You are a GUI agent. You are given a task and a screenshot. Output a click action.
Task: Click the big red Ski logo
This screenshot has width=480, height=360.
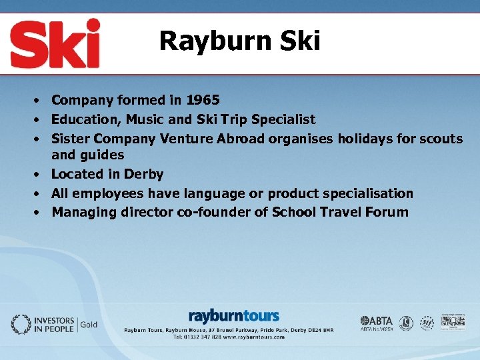pos(55,43)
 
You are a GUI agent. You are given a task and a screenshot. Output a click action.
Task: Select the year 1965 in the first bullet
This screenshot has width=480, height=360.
pos(203,101)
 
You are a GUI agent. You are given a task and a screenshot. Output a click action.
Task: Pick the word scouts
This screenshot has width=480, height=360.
pos(441,139)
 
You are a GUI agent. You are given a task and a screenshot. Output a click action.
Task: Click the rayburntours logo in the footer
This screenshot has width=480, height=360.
pos(233,316)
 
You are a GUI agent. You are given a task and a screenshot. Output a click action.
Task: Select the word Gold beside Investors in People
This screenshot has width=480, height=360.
pos(89,325)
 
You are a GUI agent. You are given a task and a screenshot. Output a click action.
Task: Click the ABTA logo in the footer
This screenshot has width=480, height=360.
pos(377,321)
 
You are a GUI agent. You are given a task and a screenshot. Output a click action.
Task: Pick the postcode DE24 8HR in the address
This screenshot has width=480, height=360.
pos(317,330)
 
